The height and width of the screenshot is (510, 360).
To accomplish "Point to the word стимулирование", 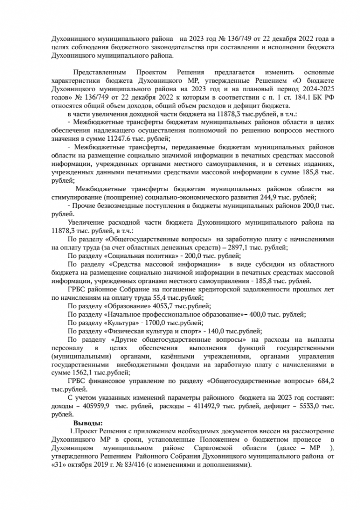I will pos(77,197).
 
